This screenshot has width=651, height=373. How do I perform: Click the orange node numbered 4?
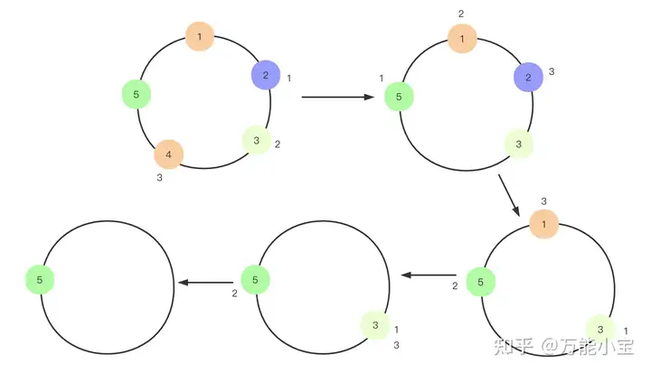168,154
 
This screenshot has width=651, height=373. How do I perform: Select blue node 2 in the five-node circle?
266,75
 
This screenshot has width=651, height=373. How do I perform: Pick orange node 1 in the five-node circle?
199,36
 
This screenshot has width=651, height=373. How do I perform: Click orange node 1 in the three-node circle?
543,223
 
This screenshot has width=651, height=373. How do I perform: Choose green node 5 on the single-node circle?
40,280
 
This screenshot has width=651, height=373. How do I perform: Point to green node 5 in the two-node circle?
256,280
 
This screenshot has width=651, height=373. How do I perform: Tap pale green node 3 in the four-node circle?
519,144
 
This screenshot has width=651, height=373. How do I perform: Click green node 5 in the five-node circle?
136,93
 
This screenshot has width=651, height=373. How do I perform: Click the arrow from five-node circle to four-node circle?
339,97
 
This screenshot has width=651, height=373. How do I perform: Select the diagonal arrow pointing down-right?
509,196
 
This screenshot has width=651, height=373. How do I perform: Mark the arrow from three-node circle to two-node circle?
429,275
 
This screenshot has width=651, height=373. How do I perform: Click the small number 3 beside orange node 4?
160,178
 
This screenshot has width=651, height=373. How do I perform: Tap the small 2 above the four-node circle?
461,14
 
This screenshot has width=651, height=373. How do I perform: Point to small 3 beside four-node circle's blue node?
552,70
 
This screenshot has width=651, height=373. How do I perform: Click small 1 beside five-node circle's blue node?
288,79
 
